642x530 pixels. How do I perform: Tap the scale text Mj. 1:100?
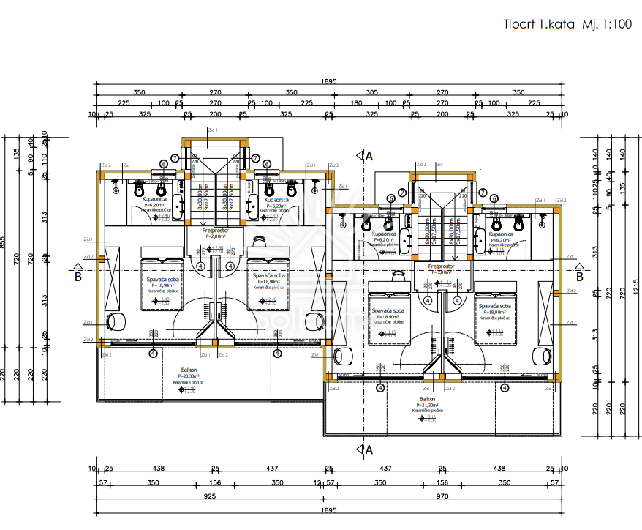(x=606, y=23)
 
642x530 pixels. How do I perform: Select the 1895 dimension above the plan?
(x=328, y=81)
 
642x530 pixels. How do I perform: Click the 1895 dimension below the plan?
(x=328, y=510)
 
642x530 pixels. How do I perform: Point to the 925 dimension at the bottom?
(x=210, y=496)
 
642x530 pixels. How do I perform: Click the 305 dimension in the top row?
(x=371, y=92)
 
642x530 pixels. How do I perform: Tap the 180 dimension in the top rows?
(x=356, y=103)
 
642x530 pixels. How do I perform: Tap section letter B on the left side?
(x=78, y=276)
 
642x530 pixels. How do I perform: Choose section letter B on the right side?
(x=579, y=276)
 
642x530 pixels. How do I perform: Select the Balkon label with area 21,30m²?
(x=428, y=399)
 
